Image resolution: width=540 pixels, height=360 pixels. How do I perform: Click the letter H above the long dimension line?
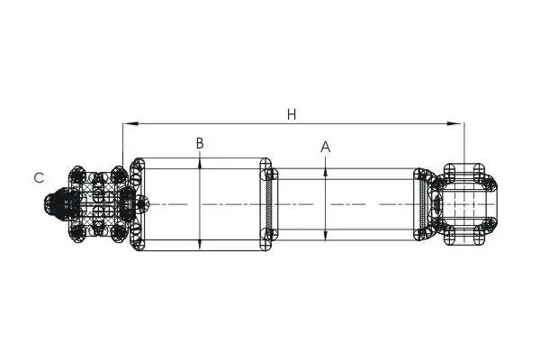click(292, 114)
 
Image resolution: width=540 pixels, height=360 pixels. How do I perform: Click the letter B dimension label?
click(200, 143)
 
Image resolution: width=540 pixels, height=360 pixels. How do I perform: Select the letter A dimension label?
click(326, 147)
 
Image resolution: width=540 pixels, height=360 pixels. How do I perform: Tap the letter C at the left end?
click(40, 178)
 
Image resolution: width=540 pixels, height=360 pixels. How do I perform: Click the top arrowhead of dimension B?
click(200, 163)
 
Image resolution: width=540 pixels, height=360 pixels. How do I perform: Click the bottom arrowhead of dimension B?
click(200, 246)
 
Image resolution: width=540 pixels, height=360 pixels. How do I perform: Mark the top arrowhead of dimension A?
click(326, 174)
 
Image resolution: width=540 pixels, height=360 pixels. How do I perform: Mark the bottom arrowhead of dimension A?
click(326, 235)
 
